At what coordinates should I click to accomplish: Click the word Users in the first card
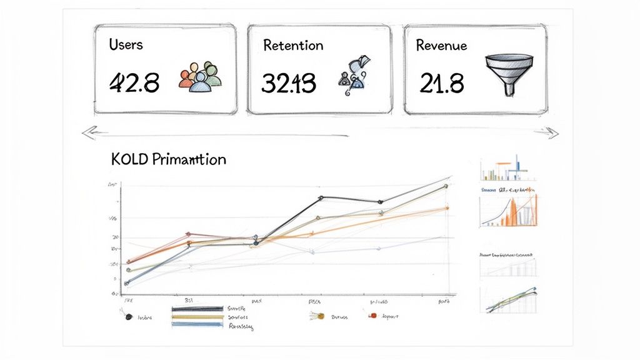click(126, 44)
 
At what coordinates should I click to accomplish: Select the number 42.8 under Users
click(134, 82)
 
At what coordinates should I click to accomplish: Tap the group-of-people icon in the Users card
click(200, 77)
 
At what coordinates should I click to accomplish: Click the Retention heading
click(293, 46)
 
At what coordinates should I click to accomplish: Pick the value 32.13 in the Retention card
click(288, 82)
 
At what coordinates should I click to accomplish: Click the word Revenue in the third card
click(442, 45)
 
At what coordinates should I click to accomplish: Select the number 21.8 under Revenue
click(441, 82)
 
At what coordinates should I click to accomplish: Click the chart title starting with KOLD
click(168, 159)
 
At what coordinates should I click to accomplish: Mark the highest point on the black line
click(321, 197)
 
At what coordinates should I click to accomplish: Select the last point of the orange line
click(446, 208)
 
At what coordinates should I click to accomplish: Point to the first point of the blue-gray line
click(127, 283)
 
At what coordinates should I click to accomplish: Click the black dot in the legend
click(128, 317)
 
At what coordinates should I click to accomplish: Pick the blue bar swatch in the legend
click(197, 324)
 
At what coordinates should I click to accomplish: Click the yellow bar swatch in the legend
click(197, 317)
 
